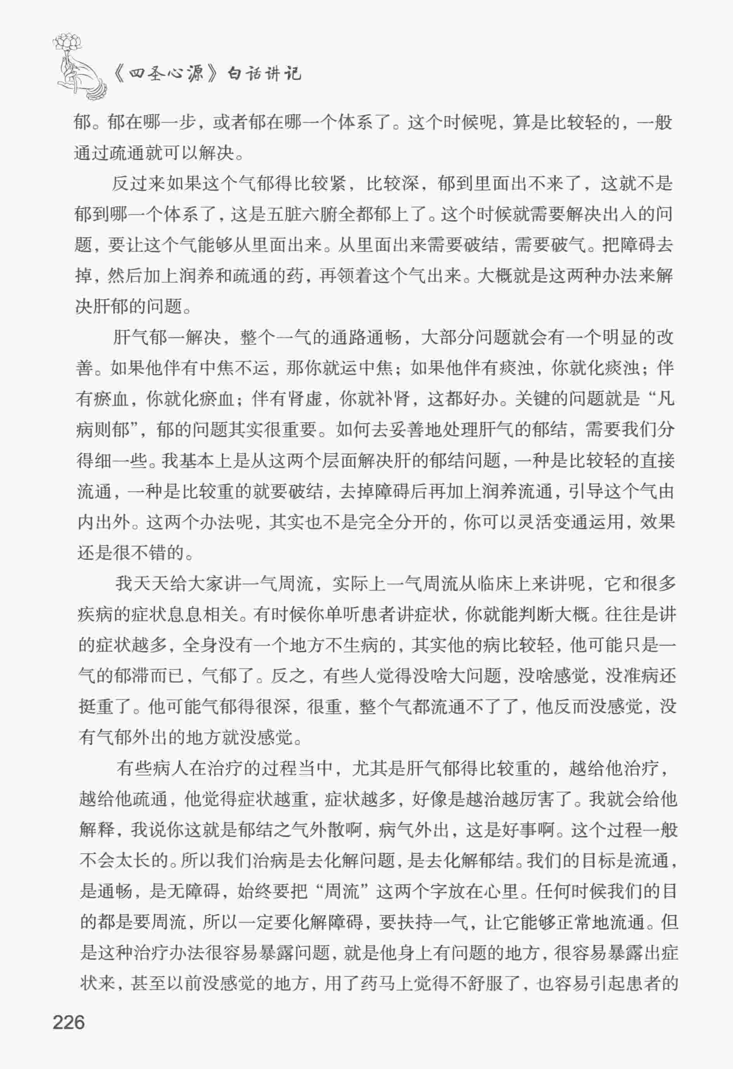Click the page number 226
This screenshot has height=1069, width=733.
point(69,1022)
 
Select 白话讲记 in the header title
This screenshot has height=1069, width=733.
point(264,73)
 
